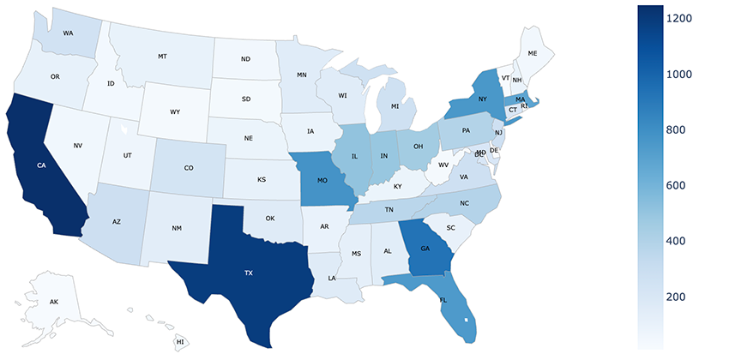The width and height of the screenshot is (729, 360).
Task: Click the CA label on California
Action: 41,165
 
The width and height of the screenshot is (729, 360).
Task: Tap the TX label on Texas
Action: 249,272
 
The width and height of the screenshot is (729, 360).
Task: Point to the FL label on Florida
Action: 443,301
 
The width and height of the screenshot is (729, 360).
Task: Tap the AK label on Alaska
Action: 53,303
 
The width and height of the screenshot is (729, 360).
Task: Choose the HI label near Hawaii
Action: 180,342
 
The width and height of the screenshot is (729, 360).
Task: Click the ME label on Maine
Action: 533,52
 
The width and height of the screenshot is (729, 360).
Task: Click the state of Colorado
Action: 189,168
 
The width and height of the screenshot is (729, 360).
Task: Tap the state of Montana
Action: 161,57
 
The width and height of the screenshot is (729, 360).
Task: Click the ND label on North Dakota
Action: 245,59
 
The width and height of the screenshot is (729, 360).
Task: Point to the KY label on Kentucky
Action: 396,186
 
